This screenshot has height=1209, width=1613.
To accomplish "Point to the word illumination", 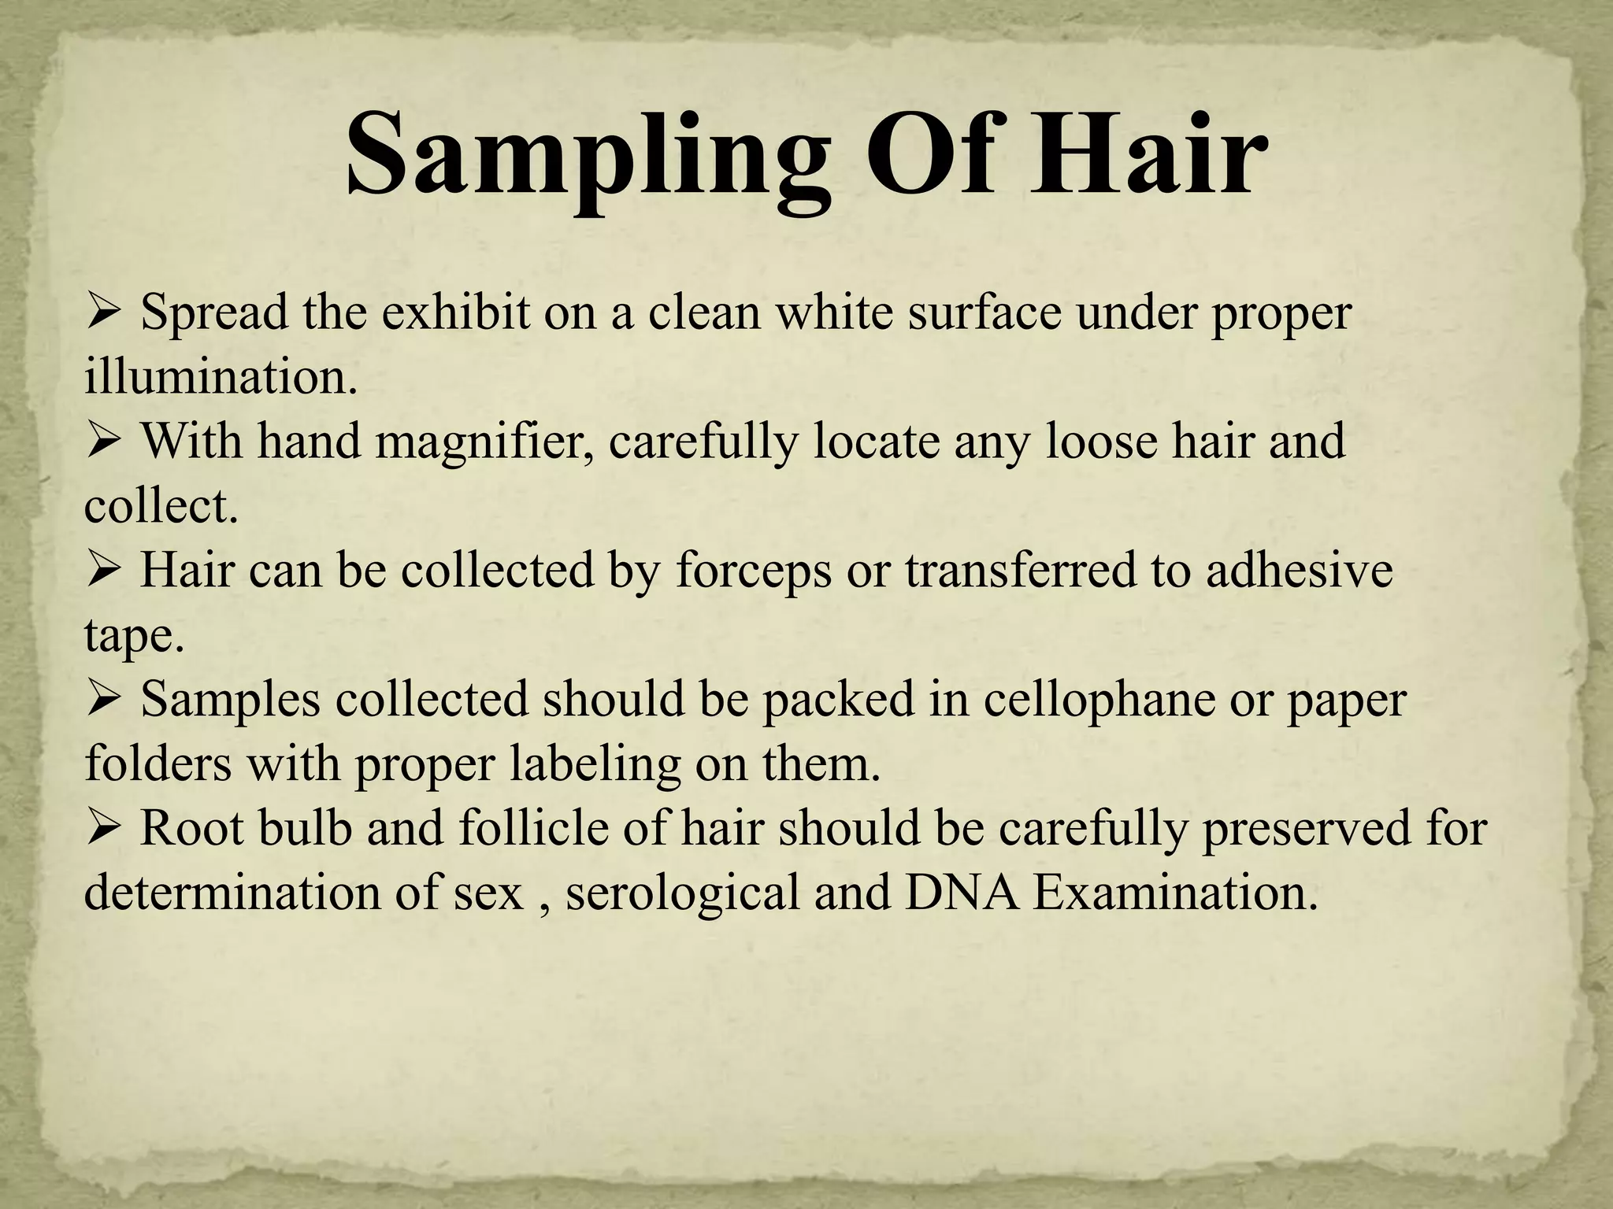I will [x=221, y=377].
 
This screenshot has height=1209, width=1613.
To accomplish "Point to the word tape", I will [x=134, y=636].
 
